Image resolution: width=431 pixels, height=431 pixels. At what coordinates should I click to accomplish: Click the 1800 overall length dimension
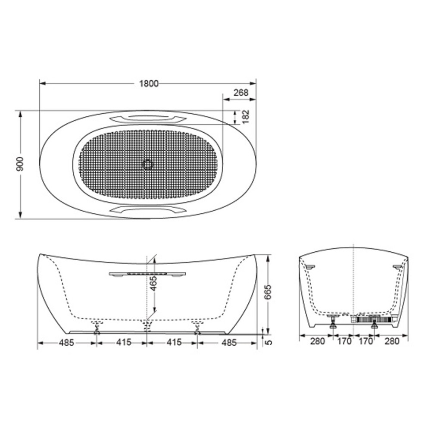coord(149,84)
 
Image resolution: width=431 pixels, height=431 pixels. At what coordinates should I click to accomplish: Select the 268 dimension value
coord(241,93)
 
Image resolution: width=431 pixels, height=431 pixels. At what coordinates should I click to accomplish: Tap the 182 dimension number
coord(246,116)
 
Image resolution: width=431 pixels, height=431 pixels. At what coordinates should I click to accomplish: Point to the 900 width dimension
coord(20,164)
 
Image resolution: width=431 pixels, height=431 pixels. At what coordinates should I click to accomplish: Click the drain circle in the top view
coord(148,165)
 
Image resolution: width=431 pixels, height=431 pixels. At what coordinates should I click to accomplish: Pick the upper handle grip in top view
coord(147,119)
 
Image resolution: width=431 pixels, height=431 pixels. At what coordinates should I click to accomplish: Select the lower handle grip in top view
coord(147,210)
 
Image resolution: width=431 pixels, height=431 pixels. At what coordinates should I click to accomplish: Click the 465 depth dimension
coord(153,283)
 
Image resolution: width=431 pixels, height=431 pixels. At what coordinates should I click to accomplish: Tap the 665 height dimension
coord(268,292)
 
